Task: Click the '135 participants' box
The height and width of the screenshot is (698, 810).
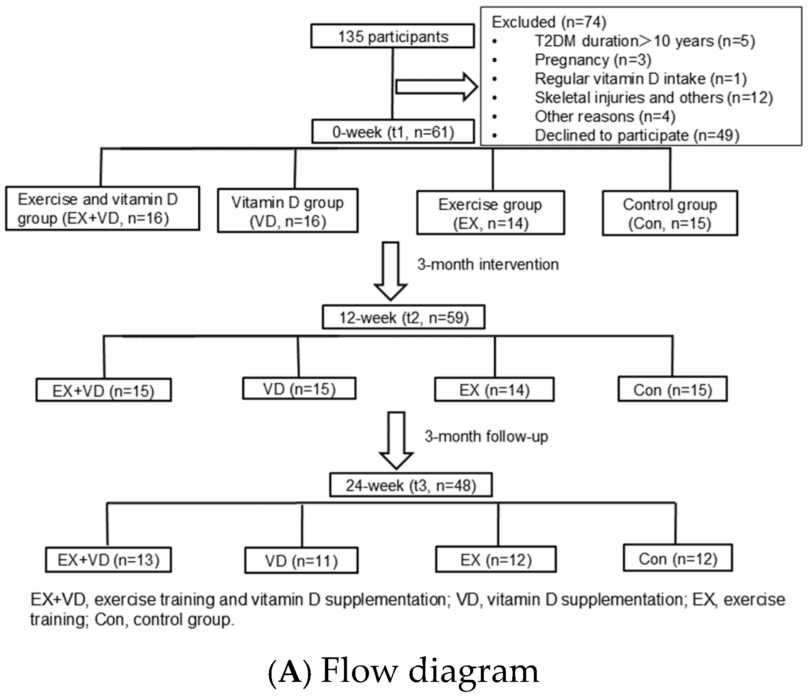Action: pos(392,36)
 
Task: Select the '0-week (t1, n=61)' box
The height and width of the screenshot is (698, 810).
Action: pos(393,132)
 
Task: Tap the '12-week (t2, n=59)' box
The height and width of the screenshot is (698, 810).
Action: pos(403,317)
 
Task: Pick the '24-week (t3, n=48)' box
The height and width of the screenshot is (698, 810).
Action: pos(411,485)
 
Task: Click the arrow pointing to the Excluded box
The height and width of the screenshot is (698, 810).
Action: pos(436,87)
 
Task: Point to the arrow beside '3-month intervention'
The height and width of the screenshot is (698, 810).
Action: pos(390,271)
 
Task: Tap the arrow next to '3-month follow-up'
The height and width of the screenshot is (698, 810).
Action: pos(396,440)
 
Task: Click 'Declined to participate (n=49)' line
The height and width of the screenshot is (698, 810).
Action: pos(637,136)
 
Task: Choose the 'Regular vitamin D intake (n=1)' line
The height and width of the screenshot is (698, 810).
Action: pos(640,79)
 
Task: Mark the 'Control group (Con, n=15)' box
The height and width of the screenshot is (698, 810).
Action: pos(669,213)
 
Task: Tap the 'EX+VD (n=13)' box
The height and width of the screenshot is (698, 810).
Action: pos(108,560)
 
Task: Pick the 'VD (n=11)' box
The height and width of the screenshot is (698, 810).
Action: pos(301,561)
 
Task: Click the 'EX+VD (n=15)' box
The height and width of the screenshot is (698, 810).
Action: pos(103,390)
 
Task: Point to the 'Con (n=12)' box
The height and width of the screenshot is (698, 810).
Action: pos(677,558)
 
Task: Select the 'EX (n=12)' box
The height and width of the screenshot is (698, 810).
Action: pos(495,560)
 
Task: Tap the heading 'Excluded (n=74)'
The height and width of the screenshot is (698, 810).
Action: pos(548,22)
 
